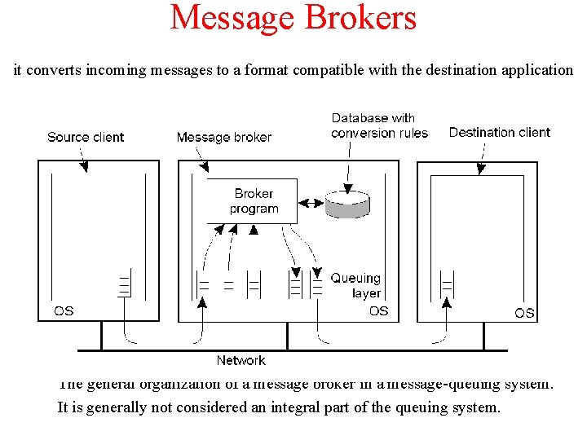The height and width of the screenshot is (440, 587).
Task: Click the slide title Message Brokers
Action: click(293, 18)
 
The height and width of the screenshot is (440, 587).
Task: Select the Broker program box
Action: click(254, 201)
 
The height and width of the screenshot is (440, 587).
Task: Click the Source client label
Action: click(86, 137)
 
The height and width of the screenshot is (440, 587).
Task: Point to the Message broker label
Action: click(224, 137)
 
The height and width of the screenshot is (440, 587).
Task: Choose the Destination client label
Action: click(499, 132)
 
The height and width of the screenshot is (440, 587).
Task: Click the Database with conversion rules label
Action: click(379, 125)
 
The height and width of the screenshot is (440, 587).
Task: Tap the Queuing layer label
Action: click(355, 285)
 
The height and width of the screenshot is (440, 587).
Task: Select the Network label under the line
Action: click(241, 360)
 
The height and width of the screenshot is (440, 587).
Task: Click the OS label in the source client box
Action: click(64, 310)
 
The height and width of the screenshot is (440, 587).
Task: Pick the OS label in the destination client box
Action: click(524, 312)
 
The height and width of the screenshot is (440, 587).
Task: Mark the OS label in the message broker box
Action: click(378, 310)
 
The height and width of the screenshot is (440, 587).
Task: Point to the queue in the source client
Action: click(124, 285)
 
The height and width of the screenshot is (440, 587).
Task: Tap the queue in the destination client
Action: click(446, 285)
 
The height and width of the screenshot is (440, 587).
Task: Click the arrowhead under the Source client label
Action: click(83, 168)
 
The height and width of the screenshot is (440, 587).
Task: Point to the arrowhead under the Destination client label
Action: click(481, 169)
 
